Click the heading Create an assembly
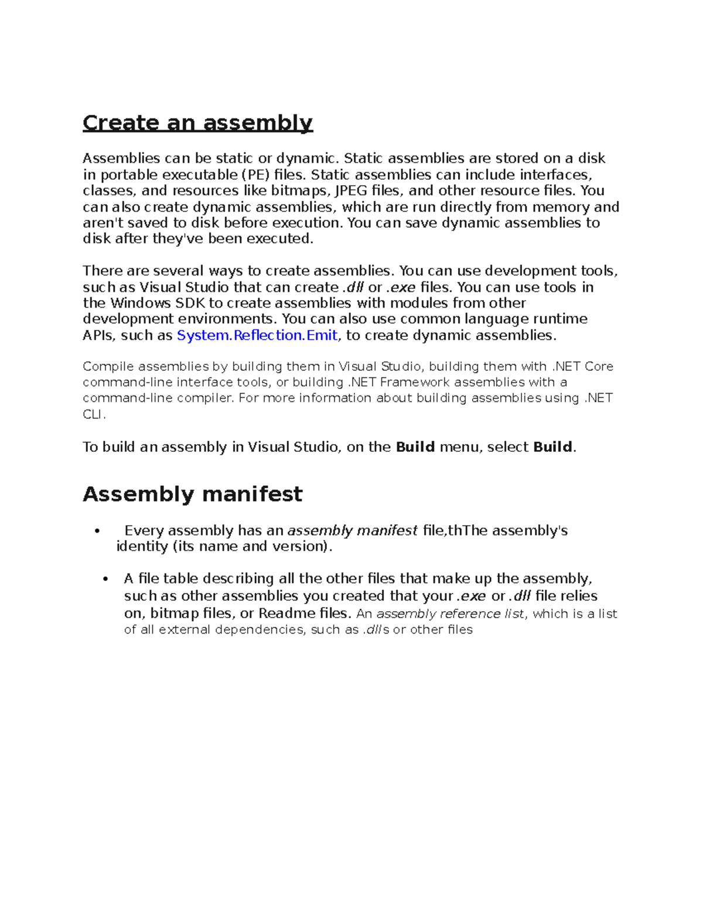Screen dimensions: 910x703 pos(197,123)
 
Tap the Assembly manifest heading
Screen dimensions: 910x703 pos(192,494)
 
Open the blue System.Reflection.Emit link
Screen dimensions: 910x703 pos(257,335)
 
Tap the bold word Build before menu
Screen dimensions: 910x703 pos(415,447)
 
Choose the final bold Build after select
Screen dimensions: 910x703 pos(552,447)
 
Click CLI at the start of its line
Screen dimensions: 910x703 pos(93,414)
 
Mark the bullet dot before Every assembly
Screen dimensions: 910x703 pos(97,531)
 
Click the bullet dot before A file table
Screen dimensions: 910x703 pos(105,579)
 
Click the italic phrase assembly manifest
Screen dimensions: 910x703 pos(352,531)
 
